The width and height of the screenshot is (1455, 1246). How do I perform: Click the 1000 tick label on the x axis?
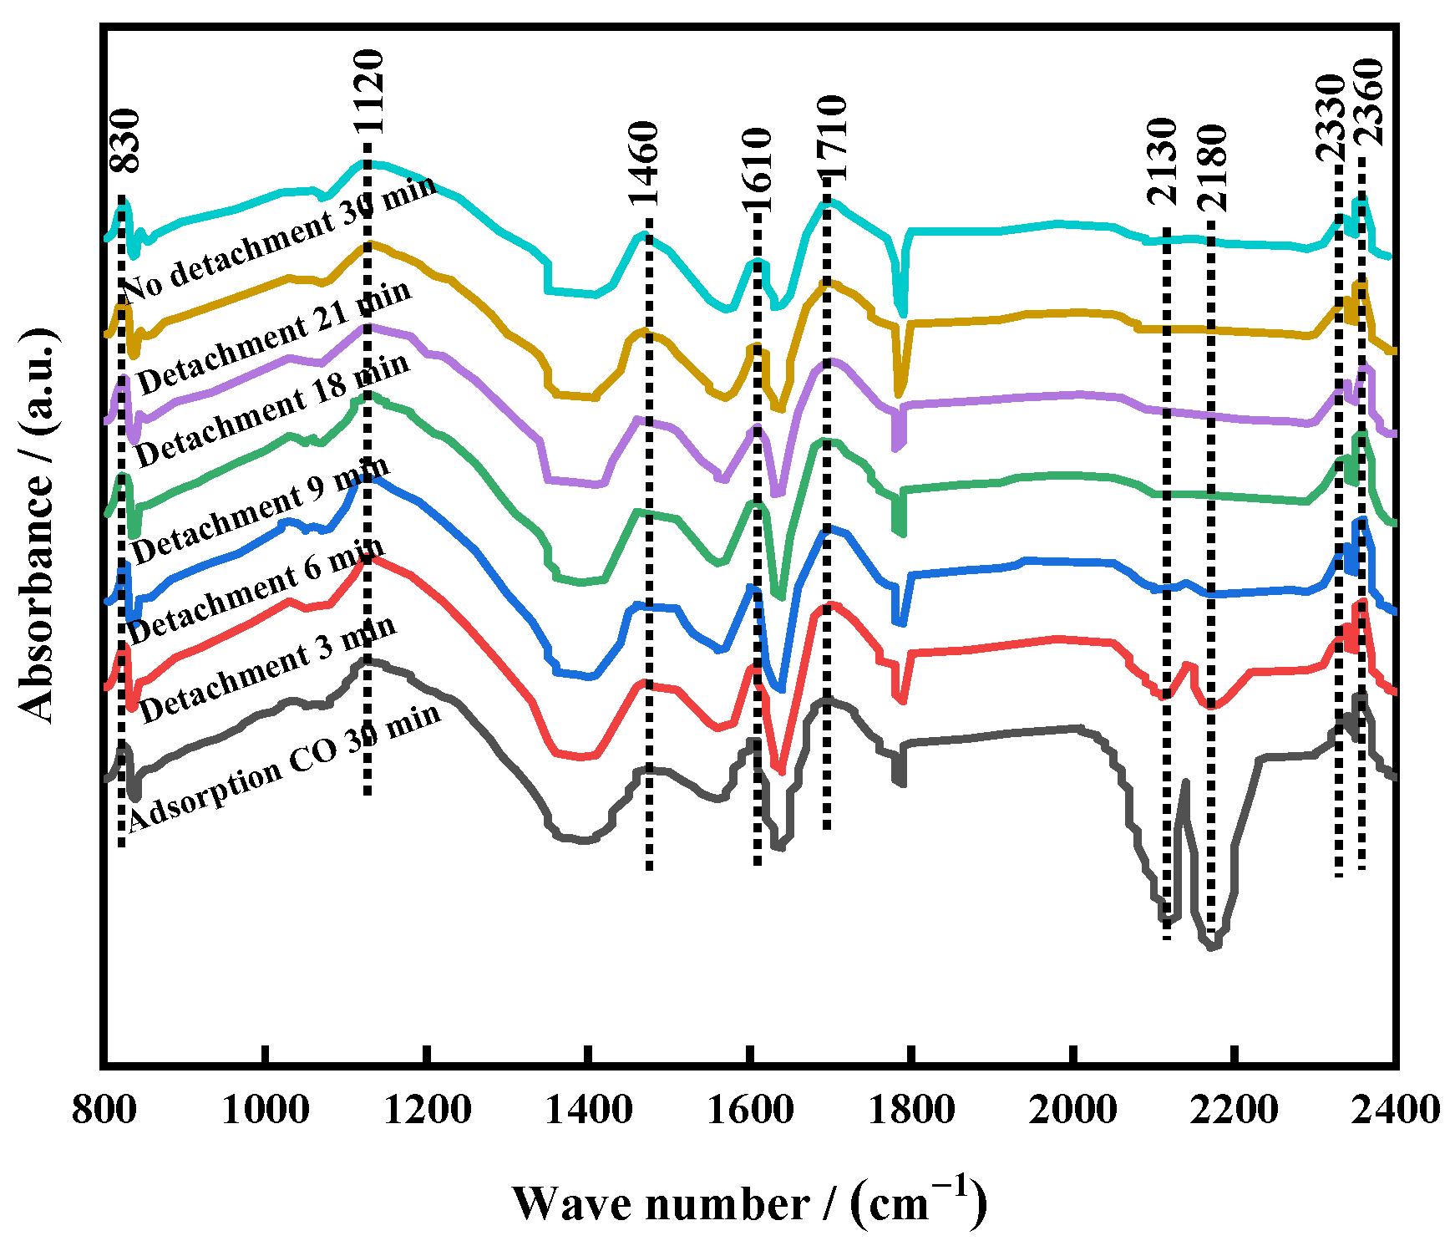[265, 1111]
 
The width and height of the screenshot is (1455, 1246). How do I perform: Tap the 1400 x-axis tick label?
[589, 1111]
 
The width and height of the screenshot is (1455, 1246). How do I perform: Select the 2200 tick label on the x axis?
[1234, 1111]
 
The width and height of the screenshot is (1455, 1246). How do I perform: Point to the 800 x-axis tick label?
[104, 1111]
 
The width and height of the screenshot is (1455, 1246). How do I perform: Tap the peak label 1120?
[368, 91]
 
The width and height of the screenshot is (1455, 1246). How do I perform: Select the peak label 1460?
[645, 163]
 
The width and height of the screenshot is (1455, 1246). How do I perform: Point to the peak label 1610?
[758, 171]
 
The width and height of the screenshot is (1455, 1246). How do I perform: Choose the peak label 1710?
[832, 138]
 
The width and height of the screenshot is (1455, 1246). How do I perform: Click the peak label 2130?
[1162, 162]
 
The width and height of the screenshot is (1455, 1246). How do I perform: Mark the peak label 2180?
[1213, 167]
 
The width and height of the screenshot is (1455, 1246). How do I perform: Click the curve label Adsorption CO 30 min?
[284, 766]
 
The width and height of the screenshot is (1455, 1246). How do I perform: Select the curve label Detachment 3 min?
[267, 671]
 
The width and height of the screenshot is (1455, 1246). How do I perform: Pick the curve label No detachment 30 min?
[280, 237]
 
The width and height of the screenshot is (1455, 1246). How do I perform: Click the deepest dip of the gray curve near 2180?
[1213, 947]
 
